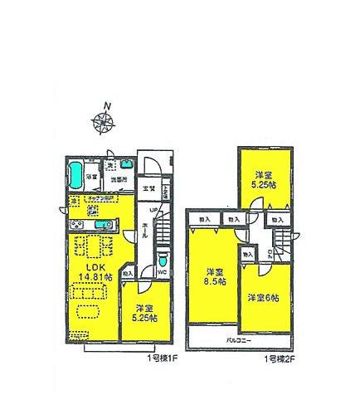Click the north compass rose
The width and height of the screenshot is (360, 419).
(103, 122)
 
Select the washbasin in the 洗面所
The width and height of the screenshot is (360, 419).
(119, 163)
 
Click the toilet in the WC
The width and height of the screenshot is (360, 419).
(163, 258)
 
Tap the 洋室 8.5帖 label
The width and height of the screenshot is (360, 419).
(214, 276)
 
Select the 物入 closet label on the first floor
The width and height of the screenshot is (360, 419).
(127, 272)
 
